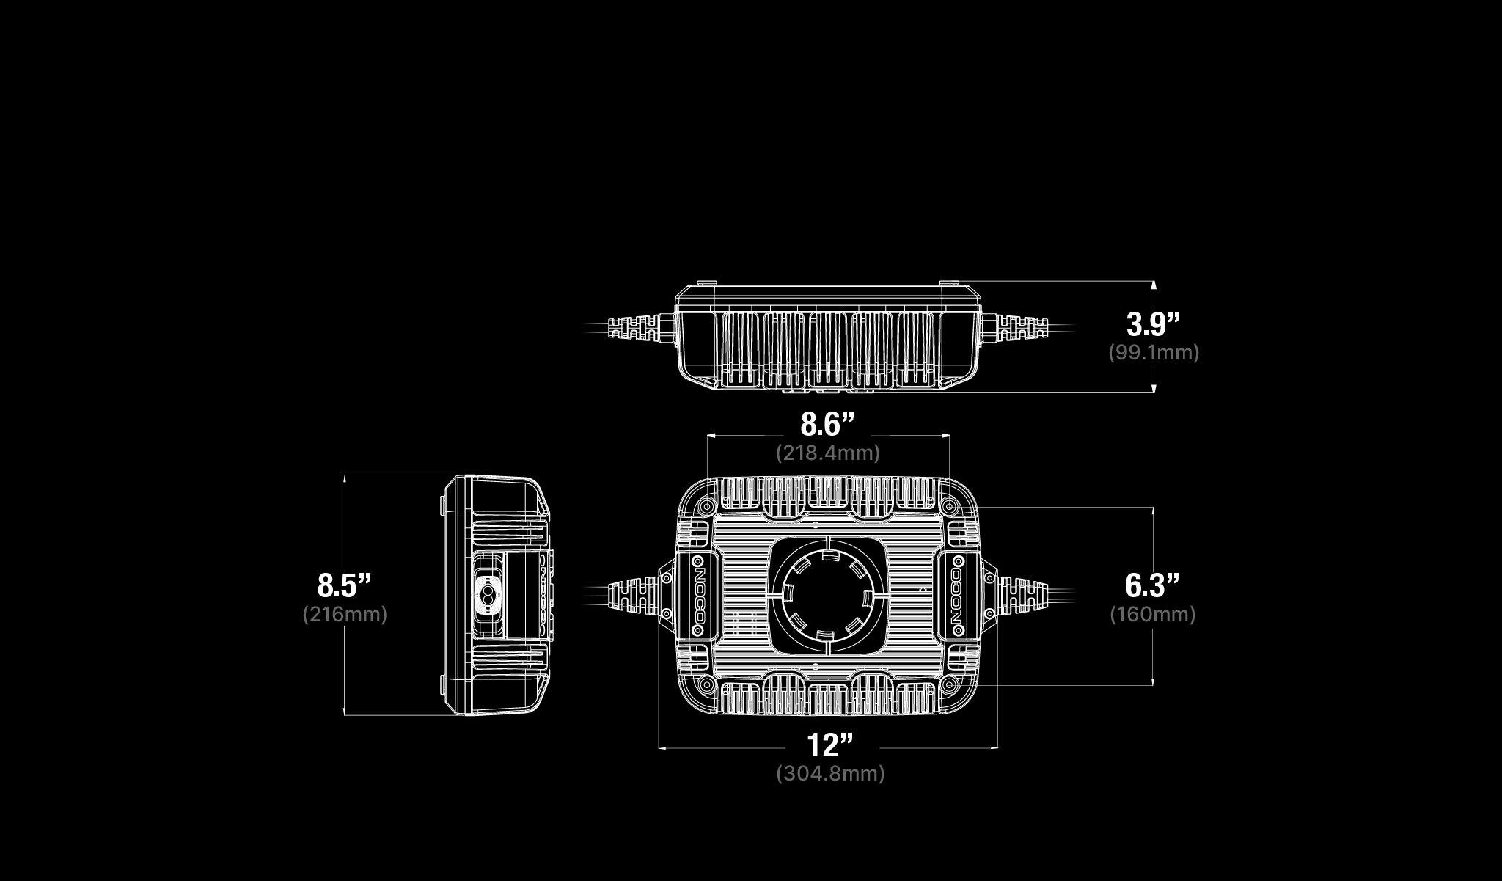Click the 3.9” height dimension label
tap(1154, 323)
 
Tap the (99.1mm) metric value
tap(1154, 353)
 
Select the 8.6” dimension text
tap(828, 424)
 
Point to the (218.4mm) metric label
tap(828, 453)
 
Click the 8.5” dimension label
tap(345, 585)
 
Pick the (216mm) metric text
tap(345, 614)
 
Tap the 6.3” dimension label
tap(1153, 585)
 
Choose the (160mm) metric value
tap(1153, 614)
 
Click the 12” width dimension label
tap(831, 745)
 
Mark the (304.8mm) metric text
tap(831, 774)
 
